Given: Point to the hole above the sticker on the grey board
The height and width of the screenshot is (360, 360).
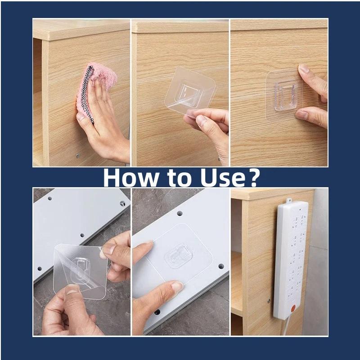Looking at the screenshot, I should (180, 212).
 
